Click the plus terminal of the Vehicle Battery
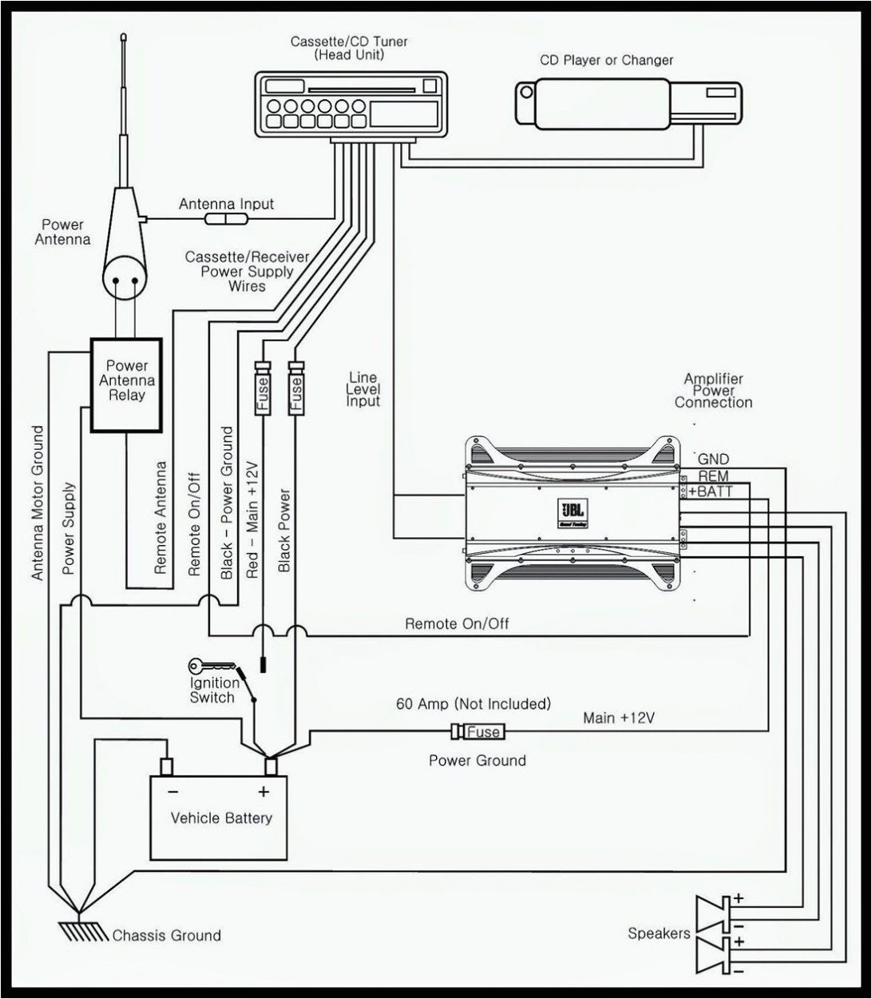point(272,766)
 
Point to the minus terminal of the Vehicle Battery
point(167,766)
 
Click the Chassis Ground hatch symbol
point(80,931)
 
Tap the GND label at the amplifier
point(712,459)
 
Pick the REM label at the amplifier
point(713,476)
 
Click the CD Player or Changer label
point(606,60)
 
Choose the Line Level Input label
point(363,389)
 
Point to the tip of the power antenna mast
point(124,37)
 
